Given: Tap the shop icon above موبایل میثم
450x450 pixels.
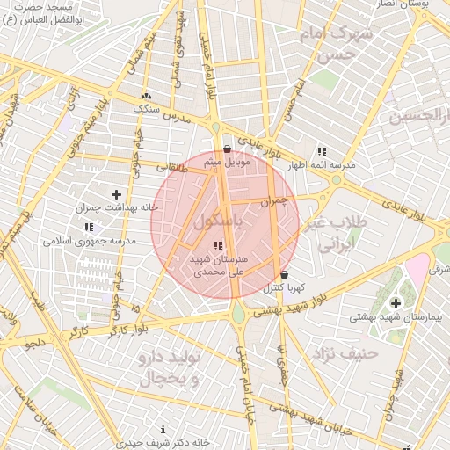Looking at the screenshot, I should tap(228, 149).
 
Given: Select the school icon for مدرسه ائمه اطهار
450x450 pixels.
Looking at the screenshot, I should tap(321, 151).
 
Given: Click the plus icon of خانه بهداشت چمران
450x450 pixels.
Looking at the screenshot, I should tap(116, 193).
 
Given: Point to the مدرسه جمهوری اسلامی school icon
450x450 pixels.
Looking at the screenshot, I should tap(88, 227).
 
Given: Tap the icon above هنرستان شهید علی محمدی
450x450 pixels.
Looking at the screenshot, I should tap(219, 245).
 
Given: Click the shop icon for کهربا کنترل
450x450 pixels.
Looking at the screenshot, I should tap(284, 274).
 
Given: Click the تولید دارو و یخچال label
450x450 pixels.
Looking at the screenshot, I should tap(171, 369).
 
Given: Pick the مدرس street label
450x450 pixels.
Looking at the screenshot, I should tap(179, 117).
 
